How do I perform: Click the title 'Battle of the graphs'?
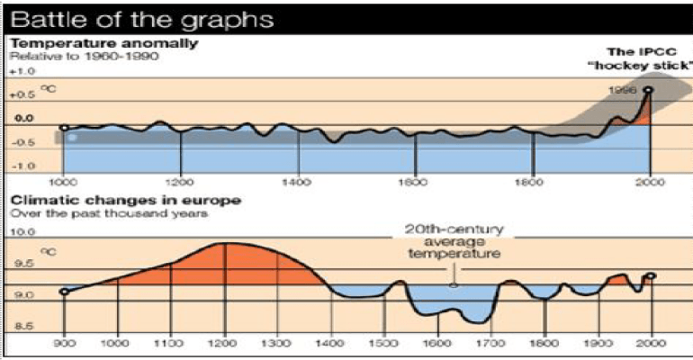click(x=139, y=18)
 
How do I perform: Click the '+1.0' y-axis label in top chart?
click(x=22, y=70)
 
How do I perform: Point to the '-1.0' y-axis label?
click(x=23, y=166)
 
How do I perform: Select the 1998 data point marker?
click(x=648, y=90)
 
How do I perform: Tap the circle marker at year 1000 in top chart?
click(x=64, y=128)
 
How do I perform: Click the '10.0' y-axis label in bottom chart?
click(x=22, y=231)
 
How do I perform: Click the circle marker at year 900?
click(x=64, y=292)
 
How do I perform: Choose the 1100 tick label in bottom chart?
click(x=168, y=343)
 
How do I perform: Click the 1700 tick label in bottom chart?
click(x=491, y=343)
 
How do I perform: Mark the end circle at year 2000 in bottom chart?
click(x=651, y=276)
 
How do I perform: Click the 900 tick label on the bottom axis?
click(x=64, y=343)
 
